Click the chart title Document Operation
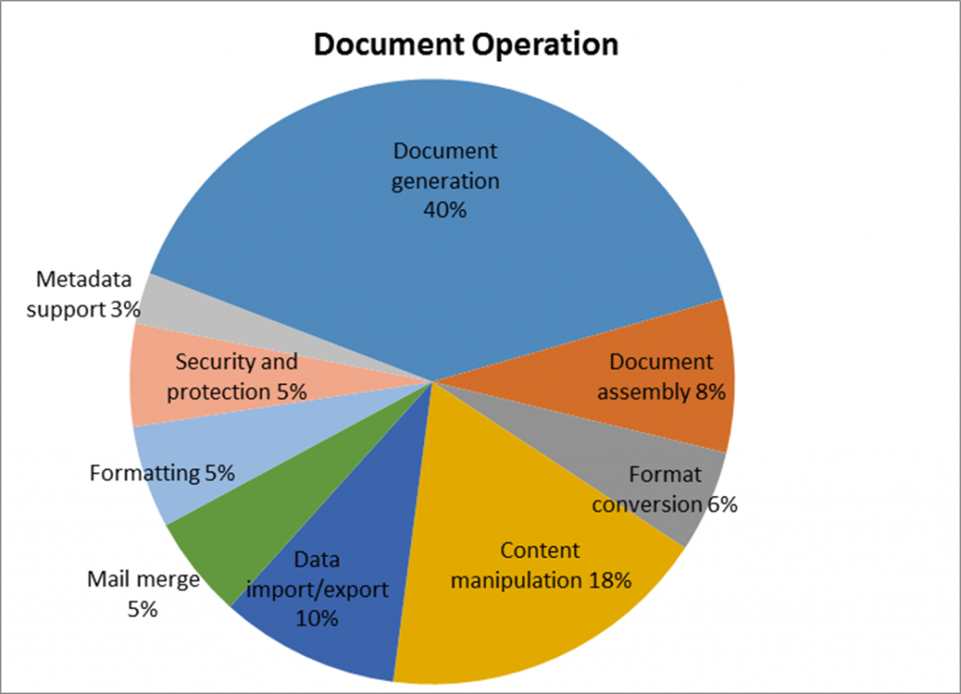coord(465,44)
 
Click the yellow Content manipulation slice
coord(544,620)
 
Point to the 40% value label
coord(445,210)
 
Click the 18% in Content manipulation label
coord(609,580)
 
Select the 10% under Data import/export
coord(317,619)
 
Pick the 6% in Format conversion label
coord(722,504)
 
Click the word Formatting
coord(145,473)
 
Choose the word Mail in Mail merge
coord(107,579)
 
